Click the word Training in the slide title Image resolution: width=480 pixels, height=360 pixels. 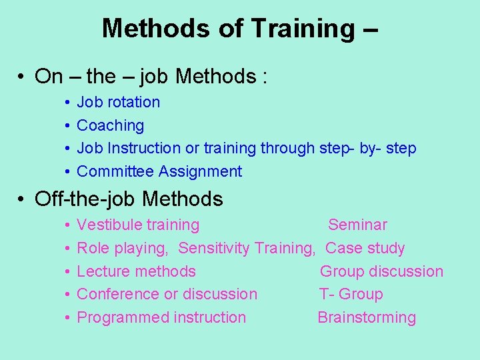[303, 29]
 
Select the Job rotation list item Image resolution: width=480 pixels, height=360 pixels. [119, 103]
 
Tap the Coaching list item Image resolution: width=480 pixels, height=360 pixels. [111, 125]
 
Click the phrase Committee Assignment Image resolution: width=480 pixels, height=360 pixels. [159, 171]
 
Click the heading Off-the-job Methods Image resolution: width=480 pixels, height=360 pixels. [129, 199]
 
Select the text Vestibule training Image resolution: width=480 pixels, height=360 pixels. [138, 225]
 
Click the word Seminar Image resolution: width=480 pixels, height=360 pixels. [357, 225]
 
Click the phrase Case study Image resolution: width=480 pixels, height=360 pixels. [365, 249]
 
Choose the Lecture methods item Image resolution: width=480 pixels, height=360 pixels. [137, 271]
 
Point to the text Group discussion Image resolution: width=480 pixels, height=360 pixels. [381, 271]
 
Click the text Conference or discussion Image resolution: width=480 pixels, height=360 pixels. [167, 294]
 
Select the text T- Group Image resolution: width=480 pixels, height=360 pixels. [351, 294]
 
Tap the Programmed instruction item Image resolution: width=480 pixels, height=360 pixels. [161, 317]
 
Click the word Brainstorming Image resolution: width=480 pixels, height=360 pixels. [367, 317]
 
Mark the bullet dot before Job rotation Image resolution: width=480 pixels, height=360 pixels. [69, 103]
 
